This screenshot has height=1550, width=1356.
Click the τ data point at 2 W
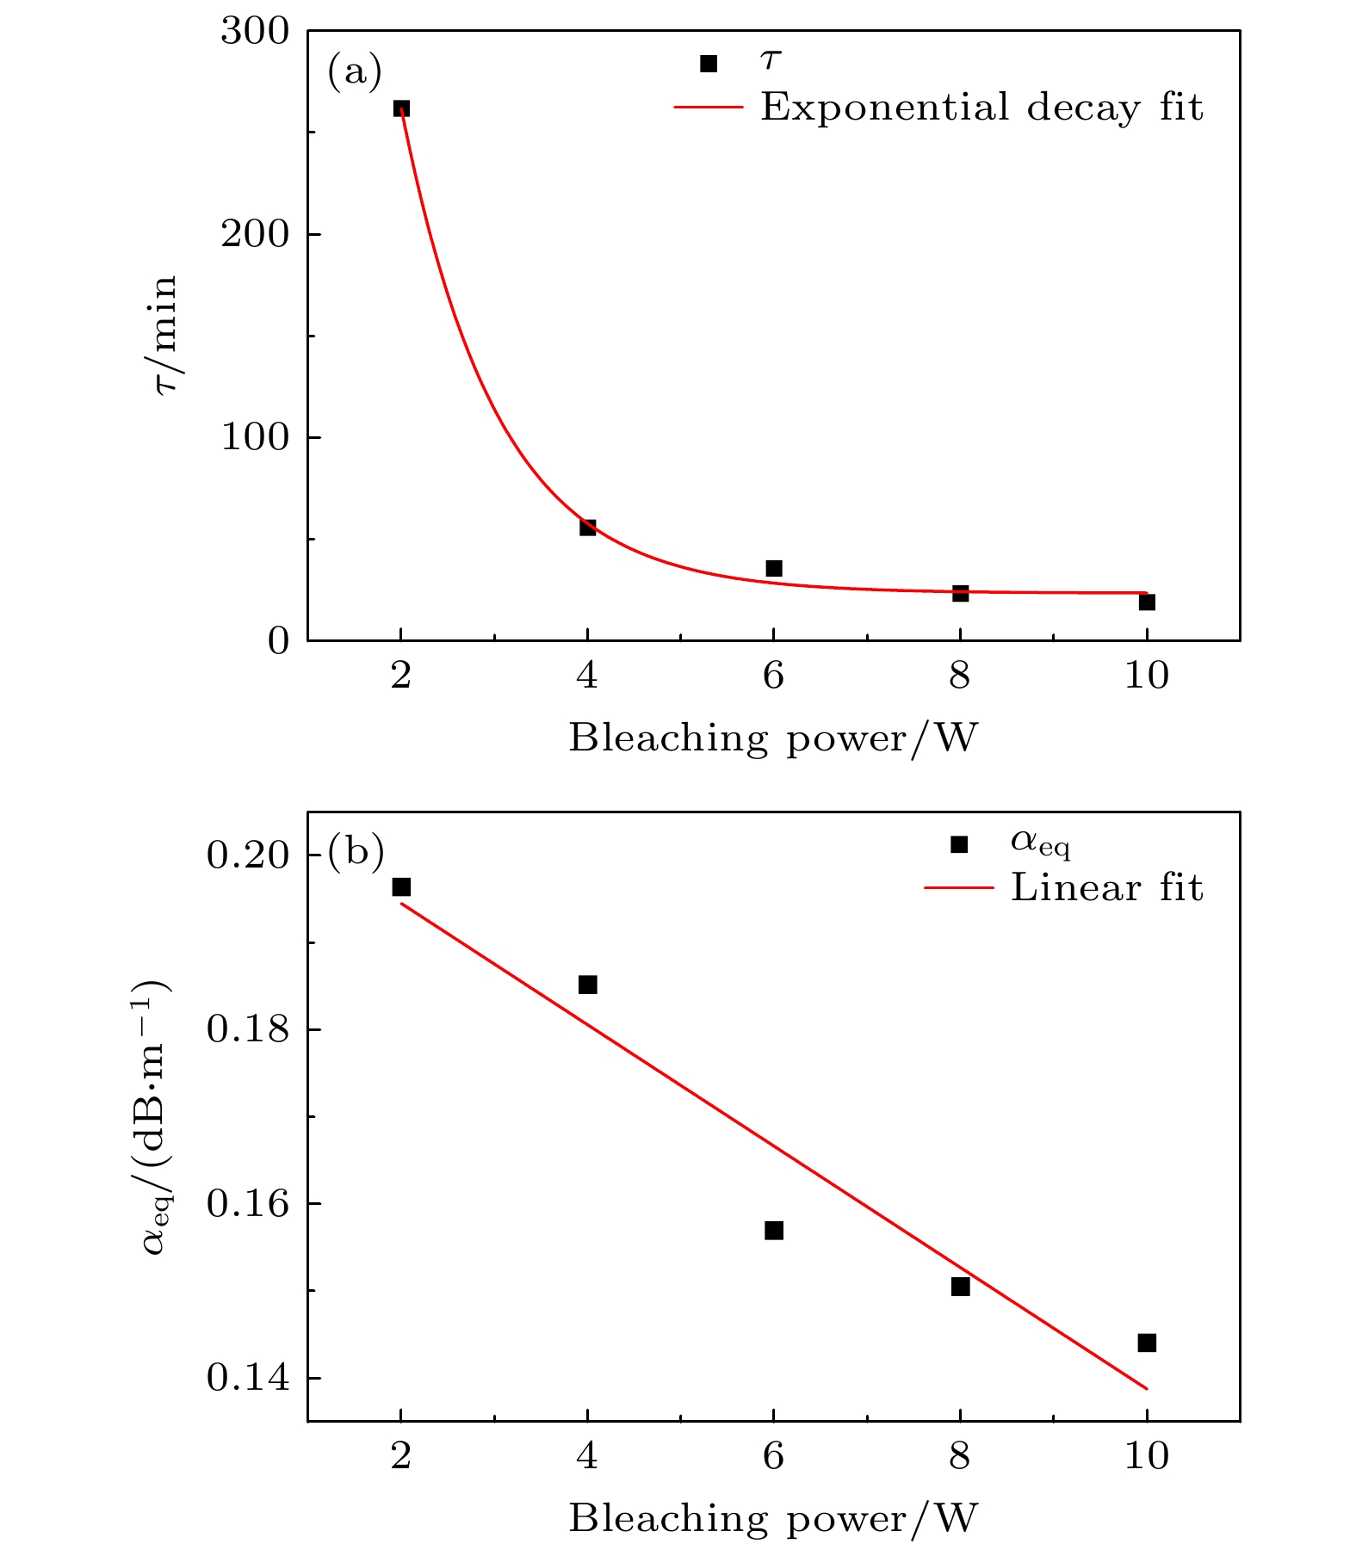pos(401,108)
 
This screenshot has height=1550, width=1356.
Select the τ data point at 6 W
pos(774,568)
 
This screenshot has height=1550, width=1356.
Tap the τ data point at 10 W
pos(1147,602)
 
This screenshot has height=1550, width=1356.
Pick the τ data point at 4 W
pos(588,527)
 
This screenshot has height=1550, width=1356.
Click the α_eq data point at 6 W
pos(774,1230)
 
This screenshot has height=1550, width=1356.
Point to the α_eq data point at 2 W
pos(401,886)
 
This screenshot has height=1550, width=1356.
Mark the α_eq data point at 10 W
pos(1147,1342)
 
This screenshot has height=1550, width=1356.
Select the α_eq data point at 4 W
pos(588,984)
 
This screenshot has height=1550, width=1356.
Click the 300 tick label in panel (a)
pos(255,32)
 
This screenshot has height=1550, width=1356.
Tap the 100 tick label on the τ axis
pos(255,437)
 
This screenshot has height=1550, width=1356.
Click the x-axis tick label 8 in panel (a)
pos(960,676)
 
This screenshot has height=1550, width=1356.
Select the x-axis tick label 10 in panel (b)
pos(1147,1455)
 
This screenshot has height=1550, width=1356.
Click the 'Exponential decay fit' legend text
pos(981,108)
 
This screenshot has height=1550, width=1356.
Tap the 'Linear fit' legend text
pos(1106,887)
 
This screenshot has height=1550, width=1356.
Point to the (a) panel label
pos(355,71)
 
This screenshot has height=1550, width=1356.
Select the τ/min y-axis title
pos(164,334)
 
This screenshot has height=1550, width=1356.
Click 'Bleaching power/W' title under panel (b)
pos(773,1517)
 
